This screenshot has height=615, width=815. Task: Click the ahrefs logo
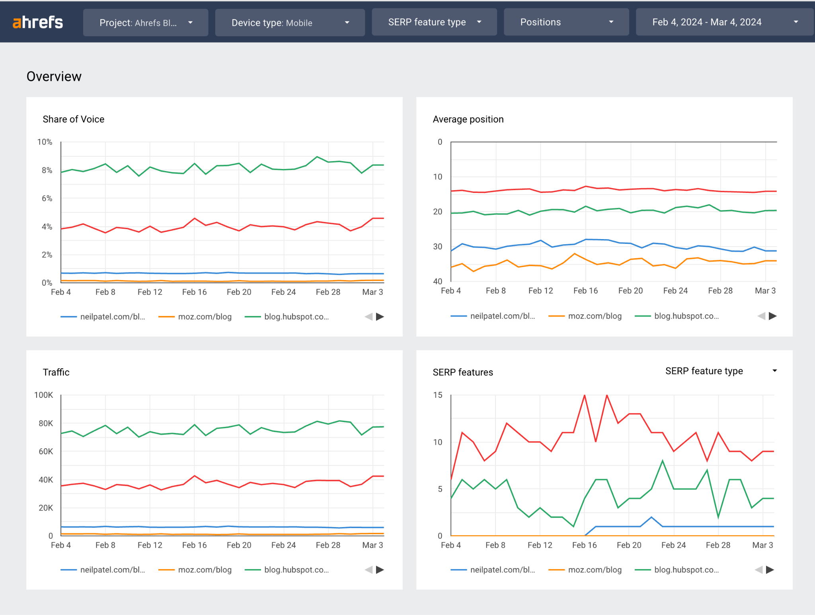[38, 22]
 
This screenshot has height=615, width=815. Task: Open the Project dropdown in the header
[146, 23]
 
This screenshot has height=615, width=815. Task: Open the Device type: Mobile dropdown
[290, 23]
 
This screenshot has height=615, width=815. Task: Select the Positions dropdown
[566, 22]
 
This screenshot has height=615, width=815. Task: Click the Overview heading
[54, 76]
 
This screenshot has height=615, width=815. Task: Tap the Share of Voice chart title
[74, 119]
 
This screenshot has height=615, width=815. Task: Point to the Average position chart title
[468, 119]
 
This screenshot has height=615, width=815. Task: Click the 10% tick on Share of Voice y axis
[45, 142]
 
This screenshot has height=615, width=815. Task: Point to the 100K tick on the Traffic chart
[43, 395]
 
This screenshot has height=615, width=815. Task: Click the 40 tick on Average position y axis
[438, 281]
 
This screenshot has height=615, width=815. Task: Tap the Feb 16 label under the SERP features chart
[585, 545]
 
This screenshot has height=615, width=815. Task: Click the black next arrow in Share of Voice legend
[380, 317]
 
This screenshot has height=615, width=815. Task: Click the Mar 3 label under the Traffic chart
[372, 545]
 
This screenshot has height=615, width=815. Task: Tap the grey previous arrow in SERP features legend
[758, 570]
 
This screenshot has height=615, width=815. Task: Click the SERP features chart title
[463, 372]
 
